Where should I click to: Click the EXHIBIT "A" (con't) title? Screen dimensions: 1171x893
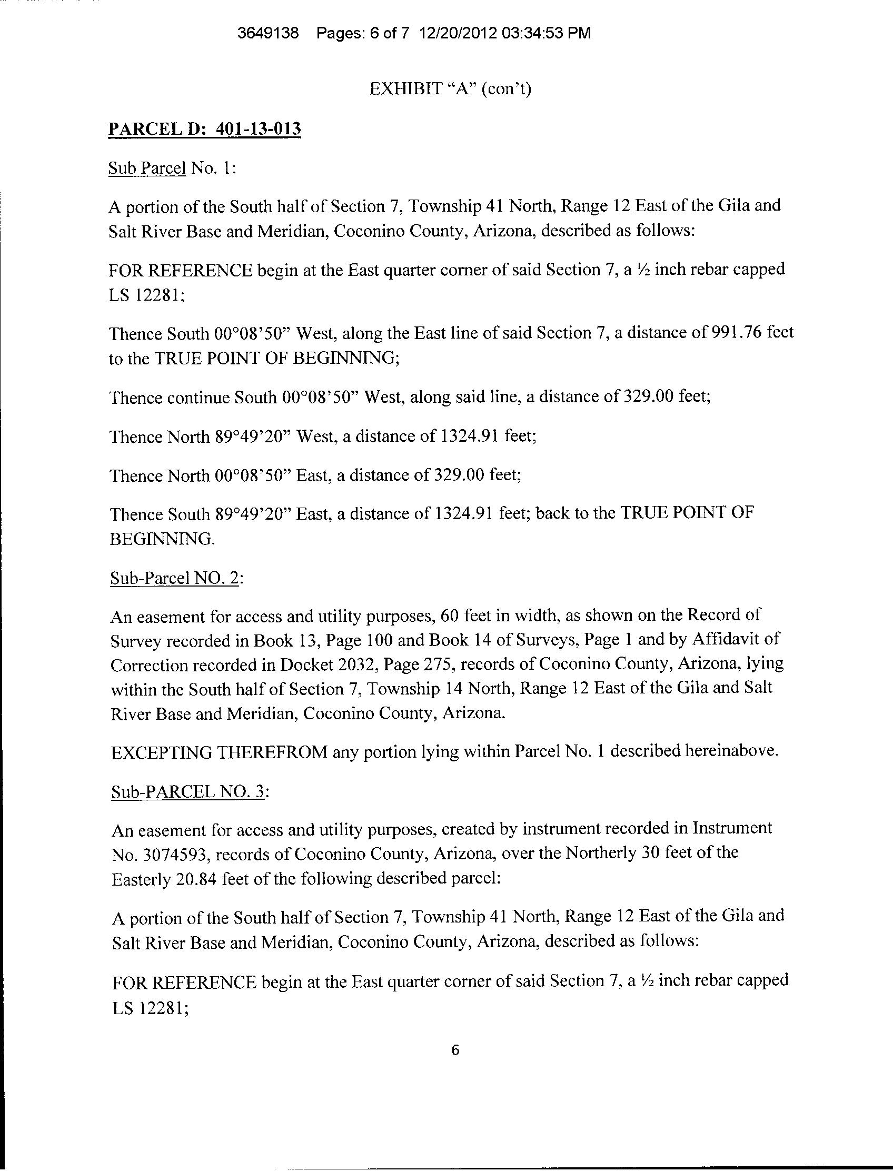click(x=450, y=89)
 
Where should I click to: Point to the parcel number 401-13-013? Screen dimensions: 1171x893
click(x=259, y=129)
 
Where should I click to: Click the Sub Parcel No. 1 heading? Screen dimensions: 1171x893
click(x=171, y=168)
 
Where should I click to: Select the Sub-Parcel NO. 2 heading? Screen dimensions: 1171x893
click(x=176, y=578)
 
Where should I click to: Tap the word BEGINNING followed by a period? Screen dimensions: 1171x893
click(x=162, y=539)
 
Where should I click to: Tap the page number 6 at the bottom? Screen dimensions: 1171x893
click(x=454, y=1050)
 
